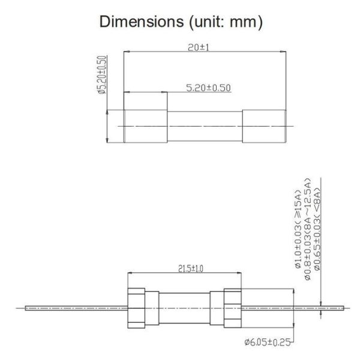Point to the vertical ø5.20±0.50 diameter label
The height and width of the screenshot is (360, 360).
(101, 74)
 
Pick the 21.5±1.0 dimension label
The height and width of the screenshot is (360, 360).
(190, 269)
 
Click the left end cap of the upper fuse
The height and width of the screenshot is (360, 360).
(145, 127)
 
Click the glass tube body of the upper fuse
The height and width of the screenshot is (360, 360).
(204, 127)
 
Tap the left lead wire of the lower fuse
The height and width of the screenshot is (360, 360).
(72, 308)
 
